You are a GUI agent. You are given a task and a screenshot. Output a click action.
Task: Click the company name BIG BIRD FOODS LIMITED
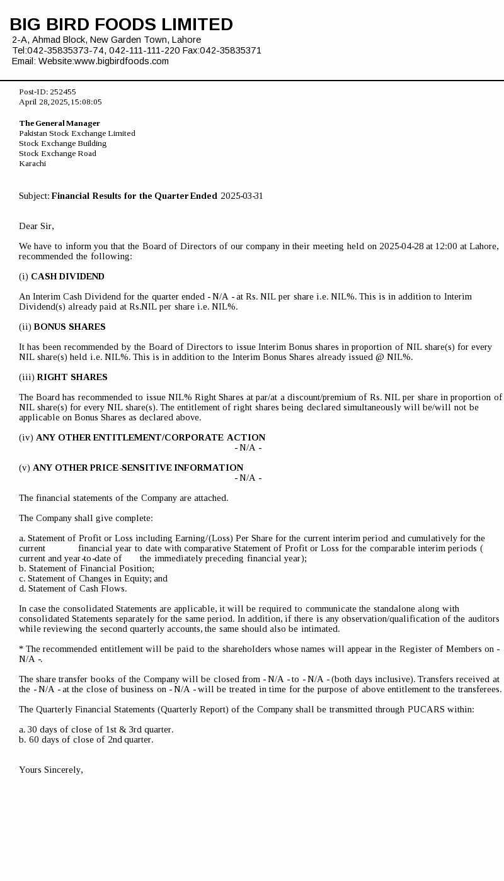tap(121, 25)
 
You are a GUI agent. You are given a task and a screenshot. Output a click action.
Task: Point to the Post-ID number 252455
tap(63, 92)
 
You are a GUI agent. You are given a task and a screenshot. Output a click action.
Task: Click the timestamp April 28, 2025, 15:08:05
tap(60, 102)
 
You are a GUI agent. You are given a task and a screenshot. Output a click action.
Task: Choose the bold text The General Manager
tap(59, 123)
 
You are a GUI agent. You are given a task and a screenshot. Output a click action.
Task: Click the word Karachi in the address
tap(32, 164)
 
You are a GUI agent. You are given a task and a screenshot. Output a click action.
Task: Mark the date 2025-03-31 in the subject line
tap(242, 196)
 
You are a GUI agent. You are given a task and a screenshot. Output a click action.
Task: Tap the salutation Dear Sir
tap(36, 226)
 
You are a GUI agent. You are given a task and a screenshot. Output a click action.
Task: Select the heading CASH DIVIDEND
tap(67, 276)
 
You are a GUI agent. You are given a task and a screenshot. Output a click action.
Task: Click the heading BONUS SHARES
tap(69, 327)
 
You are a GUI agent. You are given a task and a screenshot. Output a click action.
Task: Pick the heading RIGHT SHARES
tap(72, 377)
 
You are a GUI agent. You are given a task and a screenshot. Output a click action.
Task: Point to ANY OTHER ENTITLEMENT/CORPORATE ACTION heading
tap(151, 437)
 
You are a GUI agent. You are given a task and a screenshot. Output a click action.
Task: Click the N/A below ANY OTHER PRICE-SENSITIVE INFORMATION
tap(248, 478)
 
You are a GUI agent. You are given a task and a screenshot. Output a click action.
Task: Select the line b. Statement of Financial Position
tap(86, 568)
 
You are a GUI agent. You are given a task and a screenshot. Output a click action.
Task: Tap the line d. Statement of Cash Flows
tap(72, 588)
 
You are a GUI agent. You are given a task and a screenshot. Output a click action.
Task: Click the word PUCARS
tap(426, 709)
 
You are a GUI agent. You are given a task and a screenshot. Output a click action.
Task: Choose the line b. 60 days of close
tap(86, 739)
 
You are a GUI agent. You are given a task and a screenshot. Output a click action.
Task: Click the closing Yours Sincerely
tap(50, 770)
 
